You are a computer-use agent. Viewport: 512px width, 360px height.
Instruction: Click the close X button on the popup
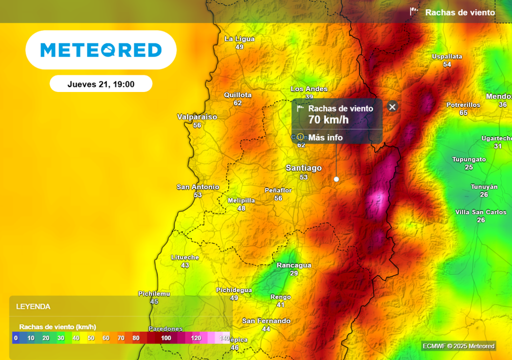coord(392,106)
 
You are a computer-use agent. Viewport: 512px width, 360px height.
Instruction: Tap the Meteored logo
coord(101,50)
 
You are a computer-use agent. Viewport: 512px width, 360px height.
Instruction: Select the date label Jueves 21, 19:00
coord(101,84)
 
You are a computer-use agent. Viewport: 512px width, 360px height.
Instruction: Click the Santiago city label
coord(303,168)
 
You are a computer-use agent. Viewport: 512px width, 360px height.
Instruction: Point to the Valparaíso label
coord(197,117)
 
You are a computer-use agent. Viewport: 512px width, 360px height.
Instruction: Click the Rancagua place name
coord(294,265)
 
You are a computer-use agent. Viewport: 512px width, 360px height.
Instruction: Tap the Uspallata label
coord(447,56)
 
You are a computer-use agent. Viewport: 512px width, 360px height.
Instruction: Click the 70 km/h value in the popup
coord(328,119)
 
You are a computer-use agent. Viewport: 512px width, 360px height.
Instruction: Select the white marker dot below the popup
coord(336,179)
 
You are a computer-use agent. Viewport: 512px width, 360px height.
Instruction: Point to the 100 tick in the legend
coord(166,338)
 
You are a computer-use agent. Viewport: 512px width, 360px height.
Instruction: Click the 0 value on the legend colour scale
coord(16,338)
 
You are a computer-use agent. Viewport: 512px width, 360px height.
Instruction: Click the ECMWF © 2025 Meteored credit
coord(458,346)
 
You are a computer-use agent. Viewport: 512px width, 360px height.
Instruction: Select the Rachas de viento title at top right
coord(459,12)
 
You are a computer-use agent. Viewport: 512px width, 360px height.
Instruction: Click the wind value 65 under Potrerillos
coord(463,113)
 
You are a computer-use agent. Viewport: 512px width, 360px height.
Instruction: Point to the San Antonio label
coord(198,187)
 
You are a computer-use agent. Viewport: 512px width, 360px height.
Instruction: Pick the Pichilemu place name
coord(154,293)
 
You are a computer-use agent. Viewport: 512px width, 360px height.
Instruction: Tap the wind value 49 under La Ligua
coord(239,47)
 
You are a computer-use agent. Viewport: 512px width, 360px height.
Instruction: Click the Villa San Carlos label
coord(480,212)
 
